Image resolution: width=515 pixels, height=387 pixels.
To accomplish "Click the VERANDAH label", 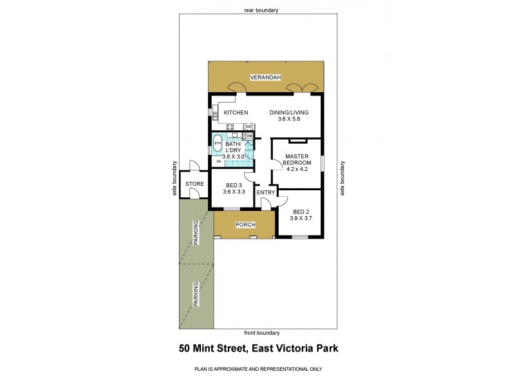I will coord(266,78).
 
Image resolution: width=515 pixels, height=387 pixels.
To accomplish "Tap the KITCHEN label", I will coord(236,113).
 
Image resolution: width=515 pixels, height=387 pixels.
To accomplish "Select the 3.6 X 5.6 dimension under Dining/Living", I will coord(288,119).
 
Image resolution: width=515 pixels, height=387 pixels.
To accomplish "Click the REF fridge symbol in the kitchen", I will coord(248,127).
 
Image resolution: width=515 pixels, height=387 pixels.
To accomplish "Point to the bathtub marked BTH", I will coord(218,143).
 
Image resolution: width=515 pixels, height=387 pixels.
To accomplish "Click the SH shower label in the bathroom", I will coord(218,161).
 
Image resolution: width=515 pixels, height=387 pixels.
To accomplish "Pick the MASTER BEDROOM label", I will coord(297,159).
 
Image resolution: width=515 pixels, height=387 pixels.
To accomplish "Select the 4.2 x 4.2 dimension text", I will coord(297,170).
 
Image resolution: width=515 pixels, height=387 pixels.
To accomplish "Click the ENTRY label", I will coord(266,192).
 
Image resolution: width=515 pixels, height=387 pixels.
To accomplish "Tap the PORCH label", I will coord(246,225).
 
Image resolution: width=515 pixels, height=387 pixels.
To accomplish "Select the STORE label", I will coord(194,184).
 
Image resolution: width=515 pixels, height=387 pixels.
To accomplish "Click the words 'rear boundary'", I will coord(261,10).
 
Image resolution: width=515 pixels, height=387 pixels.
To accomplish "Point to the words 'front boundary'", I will coord(262,333).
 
